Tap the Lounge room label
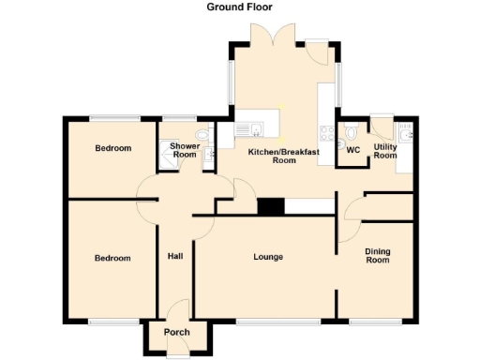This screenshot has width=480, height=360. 268,257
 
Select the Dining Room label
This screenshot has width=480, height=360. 377,255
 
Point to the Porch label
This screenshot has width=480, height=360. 177,333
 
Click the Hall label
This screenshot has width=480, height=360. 175,257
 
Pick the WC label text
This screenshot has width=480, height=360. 353,150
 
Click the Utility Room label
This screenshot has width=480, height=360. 385,151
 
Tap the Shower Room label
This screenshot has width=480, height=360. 184,150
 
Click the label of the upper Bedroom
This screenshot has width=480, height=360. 113,149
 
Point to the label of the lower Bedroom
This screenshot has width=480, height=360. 112,258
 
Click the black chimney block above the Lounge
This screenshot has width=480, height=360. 272,206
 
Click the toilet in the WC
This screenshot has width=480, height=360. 350,129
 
